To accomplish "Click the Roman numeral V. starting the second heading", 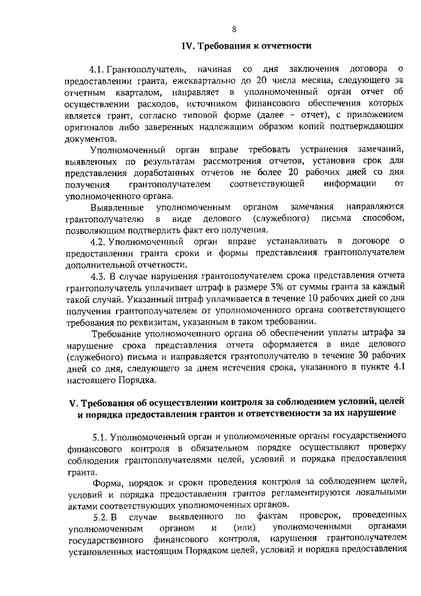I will coord(74,401).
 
